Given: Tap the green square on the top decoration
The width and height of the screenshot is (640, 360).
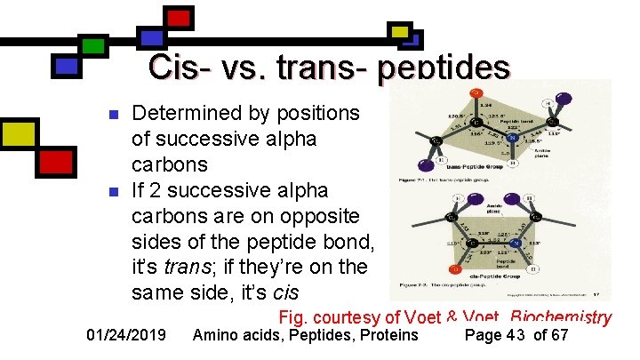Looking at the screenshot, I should tap(92, 45).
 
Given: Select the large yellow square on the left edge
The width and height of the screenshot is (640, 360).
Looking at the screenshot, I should tap(18, 135).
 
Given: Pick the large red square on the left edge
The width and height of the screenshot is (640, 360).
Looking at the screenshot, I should tap(55, 161).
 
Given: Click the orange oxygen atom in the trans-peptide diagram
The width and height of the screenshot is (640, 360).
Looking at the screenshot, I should tap(476, 93).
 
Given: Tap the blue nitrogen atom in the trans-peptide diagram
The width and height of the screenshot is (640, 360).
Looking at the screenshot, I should tap(512, 137).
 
